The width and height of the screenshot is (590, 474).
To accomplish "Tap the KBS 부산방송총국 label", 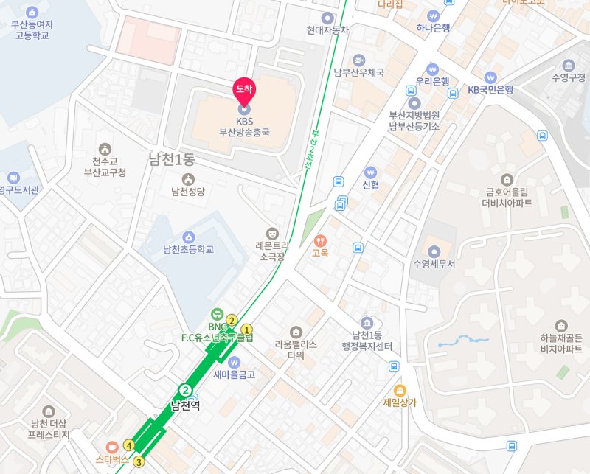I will tap(243, 127).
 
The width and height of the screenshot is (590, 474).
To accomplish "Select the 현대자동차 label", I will tap(327, 30).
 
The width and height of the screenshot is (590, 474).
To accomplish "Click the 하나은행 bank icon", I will tap(432, 15).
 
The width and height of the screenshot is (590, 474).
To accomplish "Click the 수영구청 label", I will tap(568, 77).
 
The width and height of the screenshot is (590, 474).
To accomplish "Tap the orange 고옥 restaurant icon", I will tap(320, 240).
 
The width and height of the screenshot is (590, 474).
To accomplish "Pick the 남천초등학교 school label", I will tap(188, 249).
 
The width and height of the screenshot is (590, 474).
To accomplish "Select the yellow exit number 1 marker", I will tap(247, 330).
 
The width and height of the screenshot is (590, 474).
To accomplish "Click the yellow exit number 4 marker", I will tap(129, 445).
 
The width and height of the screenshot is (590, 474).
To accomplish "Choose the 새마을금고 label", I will tap(235, 374).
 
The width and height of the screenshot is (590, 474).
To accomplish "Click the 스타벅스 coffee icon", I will tap(112, 447).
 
